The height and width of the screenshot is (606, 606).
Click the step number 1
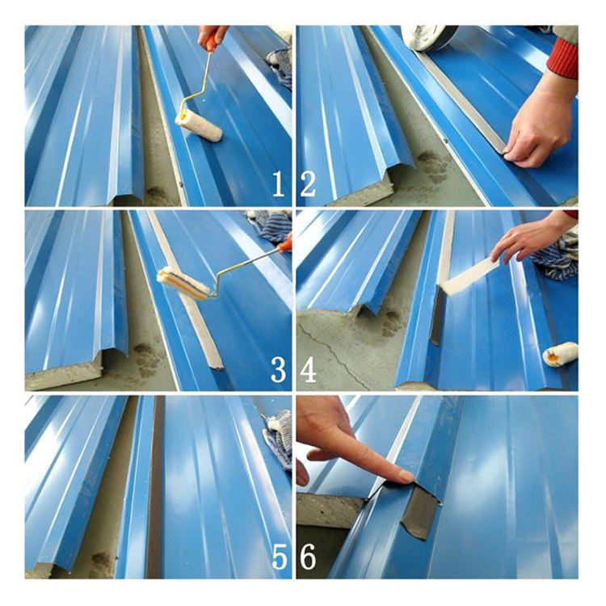[279, 184]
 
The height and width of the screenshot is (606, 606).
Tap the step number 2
[308, 184]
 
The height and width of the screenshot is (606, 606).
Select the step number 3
[278, 369]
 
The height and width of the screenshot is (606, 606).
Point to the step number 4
[309, 369]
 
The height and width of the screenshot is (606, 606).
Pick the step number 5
[280, 557]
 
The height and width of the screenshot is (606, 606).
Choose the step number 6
[308, 557]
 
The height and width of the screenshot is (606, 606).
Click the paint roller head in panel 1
[199, 125]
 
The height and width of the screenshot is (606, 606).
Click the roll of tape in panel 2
[429, 37]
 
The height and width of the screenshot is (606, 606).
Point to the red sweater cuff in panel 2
[563, 58]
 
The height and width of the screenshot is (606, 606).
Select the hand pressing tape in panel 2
[539, 123]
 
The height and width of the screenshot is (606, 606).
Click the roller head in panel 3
[183, 283]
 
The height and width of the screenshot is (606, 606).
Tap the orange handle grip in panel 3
[285, 244]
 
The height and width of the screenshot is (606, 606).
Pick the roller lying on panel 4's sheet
[560, 354]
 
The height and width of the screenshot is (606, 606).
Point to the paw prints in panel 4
[392, 322]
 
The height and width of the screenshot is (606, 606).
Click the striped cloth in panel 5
[278, 439]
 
